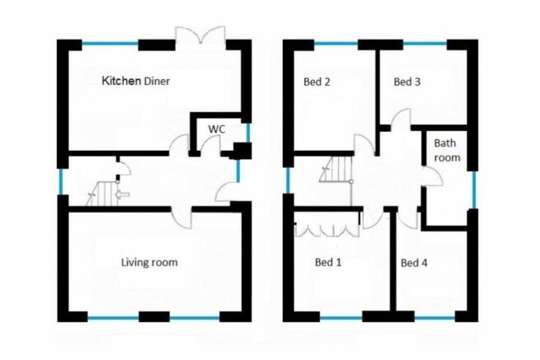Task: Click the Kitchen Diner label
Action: point(136,81)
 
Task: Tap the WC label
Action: point(217,129)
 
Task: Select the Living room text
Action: point(149,262)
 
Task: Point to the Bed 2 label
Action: point(317,82)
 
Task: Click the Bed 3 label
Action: point(407,82)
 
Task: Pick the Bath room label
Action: point(447,151)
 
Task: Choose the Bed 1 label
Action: point(328,262)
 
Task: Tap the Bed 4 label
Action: point(414,263)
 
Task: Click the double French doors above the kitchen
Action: point(200,35)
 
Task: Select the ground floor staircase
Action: point(102,194)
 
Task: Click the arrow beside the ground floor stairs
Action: point(122,194)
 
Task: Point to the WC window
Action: point(248,133)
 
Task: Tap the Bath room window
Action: point(474,189)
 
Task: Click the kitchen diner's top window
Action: point(110,44)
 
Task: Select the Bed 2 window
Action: point(336,44)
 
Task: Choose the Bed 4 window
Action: point(434,318)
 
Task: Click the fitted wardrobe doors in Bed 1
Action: point(326,231)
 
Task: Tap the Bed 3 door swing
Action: point(401,119)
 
